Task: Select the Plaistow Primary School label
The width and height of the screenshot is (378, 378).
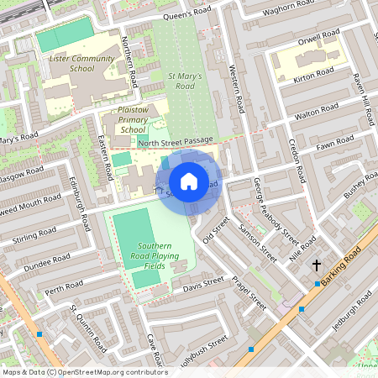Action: tap(134, 119)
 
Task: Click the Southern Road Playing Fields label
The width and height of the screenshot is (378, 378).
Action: tap(142, 255)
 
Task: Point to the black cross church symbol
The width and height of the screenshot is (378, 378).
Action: tap(317, 265)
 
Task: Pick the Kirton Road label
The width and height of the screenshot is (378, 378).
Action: tap(315, 76)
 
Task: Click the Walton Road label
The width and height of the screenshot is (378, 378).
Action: tap(318, 110)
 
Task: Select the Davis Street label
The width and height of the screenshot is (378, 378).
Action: tap(204, 284)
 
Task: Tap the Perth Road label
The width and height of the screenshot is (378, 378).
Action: tap(65, 290)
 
